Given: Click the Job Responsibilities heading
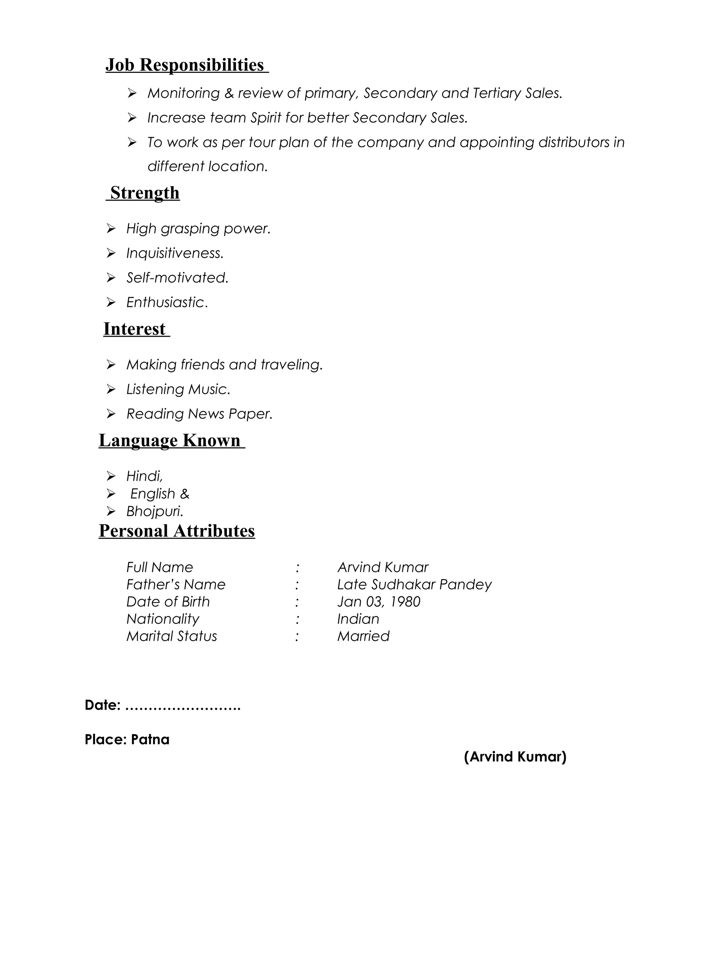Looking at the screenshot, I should [x=187, y=65].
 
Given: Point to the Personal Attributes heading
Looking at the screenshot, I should [x=177, y=531].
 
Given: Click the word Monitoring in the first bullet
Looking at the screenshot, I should [x=183, y=93].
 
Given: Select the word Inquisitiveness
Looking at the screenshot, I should [x=174, y=253].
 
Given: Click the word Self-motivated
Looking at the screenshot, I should [x=177, y=278].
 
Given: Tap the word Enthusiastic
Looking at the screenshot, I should [x=167, y=302].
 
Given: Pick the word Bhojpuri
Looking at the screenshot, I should [x=154, y=511].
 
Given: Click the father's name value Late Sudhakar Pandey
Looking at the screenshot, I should [x=414, y=585].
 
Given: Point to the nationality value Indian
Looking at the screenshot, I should [x=358, y=619].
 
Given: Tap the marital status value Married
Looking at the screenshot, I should [x=363, y=636].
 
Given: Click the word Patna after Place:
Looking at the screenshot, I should [x=150, y=740].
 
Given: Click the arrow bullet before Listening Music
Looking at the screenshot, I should [x=111, y=389].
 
